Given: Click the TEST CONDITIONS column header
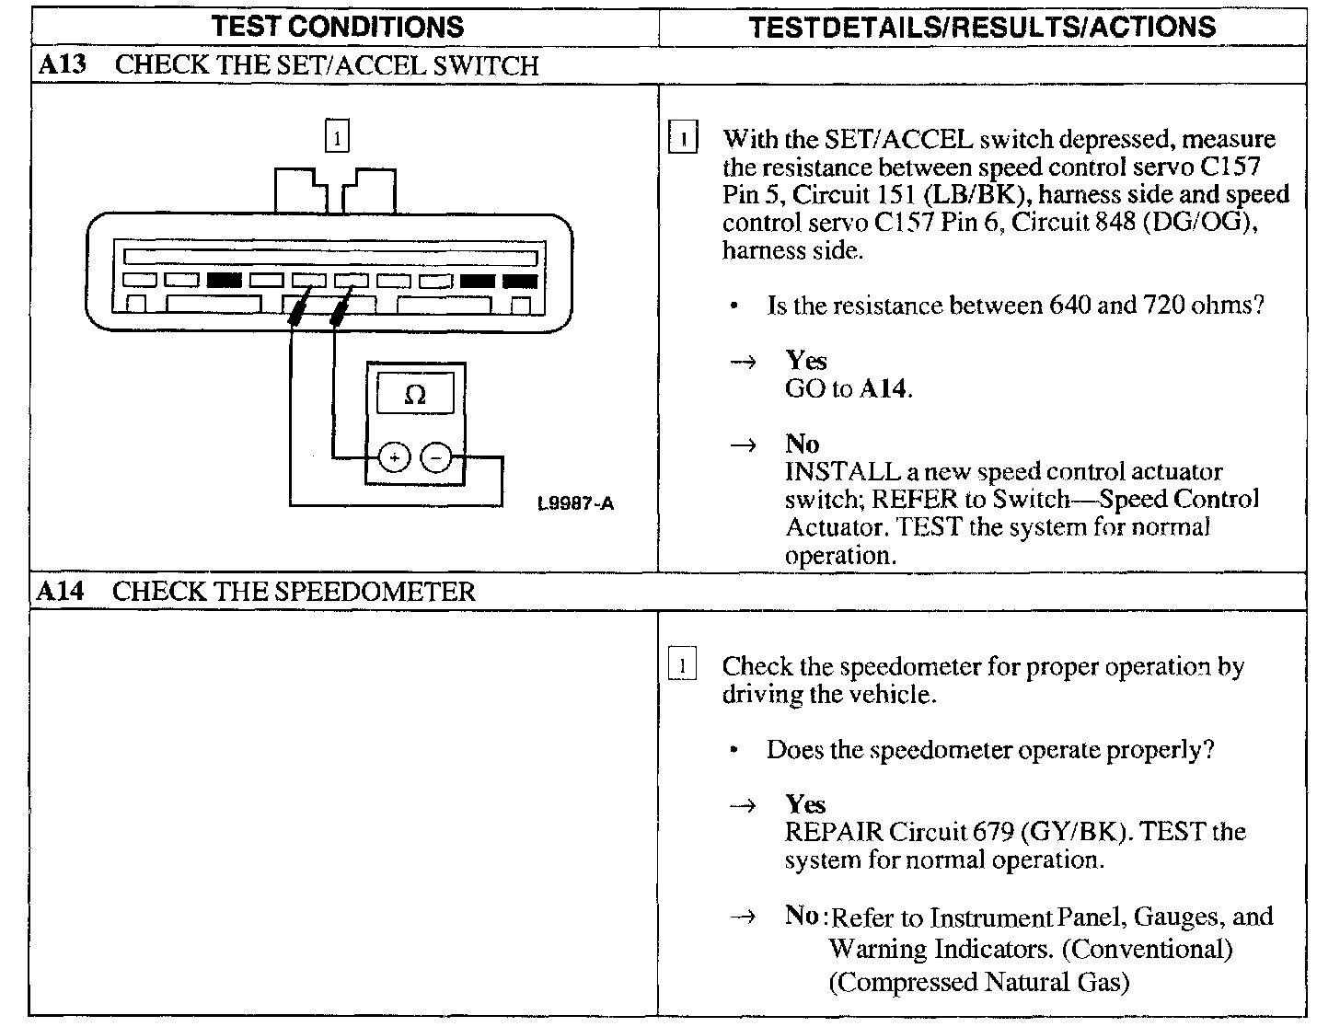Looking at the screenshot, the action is click(338, 27).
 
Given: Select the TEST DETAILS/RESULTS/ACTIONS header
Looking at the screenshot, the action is click(982, 27).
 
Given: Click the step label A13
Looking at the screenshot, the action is click(62, 64).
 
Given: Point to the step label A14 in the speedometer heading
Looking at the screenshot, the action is click(60, 591).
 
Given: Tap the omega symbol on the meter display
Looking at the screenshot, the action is click(415, 395).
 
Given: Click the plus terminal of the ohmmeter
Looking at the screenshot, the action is click(394, 458).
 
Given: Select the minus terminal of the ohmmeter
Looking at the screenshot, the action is click(436, 457).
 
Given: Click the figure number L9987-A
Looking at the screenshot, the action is click(576, 503).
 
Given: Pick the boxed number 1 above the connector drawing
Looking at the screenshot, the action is click(337, 135).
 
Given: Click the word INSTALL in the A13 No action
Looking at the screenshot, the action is click(842, 471).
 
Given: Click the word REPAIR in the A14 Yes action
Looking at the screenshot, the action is click(834, 832).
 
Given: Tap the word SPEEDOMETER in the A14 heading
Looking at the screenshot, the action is click(375, 591).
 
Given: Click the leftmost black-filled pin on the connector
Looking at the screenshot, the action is click(225, 281).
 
